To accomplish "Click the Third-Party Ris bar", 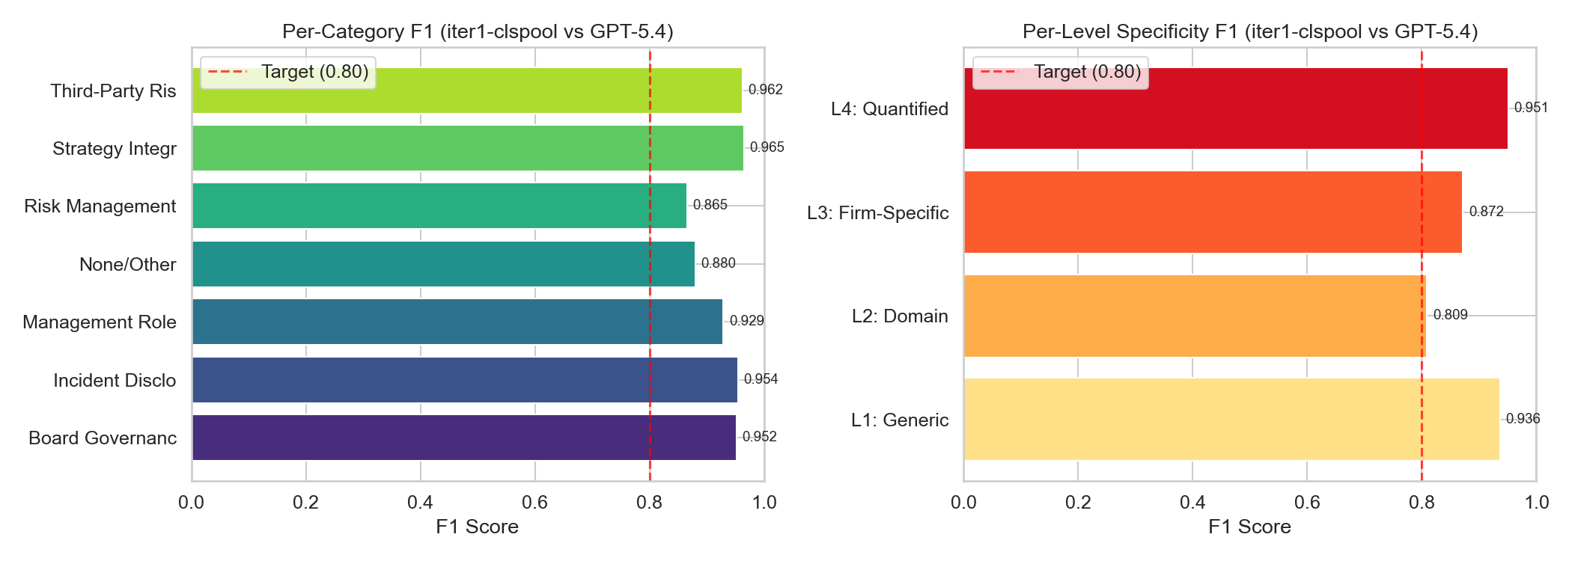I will coord(466,91).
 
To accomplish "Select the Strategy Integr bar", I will coord(467,148).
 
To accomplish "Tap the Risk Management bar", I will coord(439,206).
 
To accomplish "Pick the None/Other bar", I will coord(443,264).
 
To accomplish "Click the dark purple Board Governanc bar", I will coord(463,438).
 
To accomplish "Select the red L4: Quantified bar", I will coord(1235,108).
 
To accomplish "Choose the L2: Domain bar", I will coord(1195,316).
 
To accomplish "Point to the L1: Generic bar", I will coord(1231,419).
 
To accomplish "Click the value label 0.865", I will coord(710,205).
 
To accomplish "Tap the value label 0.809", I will coord(1450,315).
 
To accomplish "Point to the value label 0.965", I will coord(767,147).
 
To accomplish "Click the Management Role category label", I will coord(100,322).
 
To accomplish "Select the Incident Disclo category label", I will coord(115,381).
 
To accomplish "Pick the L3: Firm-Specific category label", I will coord(877,213).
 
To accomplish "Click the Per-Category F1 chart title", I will coord(478,31).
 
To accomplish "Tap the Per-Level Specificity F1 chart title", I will coord(1250,31).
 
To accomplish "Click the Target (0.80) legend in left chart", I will coord(288,72).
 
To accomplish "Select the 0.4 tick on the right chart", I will coord(1192,503).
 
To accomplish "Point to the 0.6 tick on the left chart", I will coord(534,503).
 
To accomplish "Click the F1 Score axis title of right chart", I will coord(1249,527).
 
